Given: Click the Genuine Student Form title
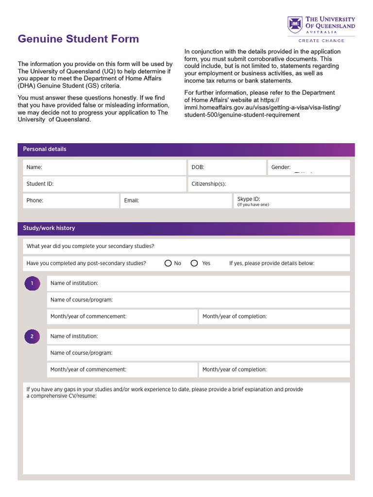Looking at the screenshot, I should pos(78,39).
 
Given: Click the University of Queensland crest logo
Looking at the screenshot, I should pos(295,25).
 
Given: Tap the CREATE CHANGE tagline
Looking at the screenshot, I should pos(321,41).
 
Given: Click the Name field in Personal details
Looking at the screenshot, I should pos(104,167).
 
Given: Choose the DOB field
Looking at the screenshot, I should pos(226,167).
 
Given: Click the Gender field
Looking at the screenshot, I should pos(308,167).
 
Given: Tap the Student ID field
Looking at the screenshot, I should pos(104,184).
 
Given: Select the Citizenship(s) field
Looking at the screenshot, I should pos(269,184).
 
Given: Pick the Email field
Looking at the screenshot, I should pos(176,200).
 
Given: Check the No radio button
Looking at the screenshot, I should pos(168,263).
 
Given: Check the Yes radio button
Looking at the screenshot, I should pos(194,263).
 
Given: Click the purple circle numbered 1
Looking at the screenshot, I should pos(32,283).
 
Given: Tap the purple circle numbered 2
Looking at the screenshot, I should pos(32,336).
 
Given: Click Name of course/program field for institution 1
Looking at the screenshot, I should pos(198,300).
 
